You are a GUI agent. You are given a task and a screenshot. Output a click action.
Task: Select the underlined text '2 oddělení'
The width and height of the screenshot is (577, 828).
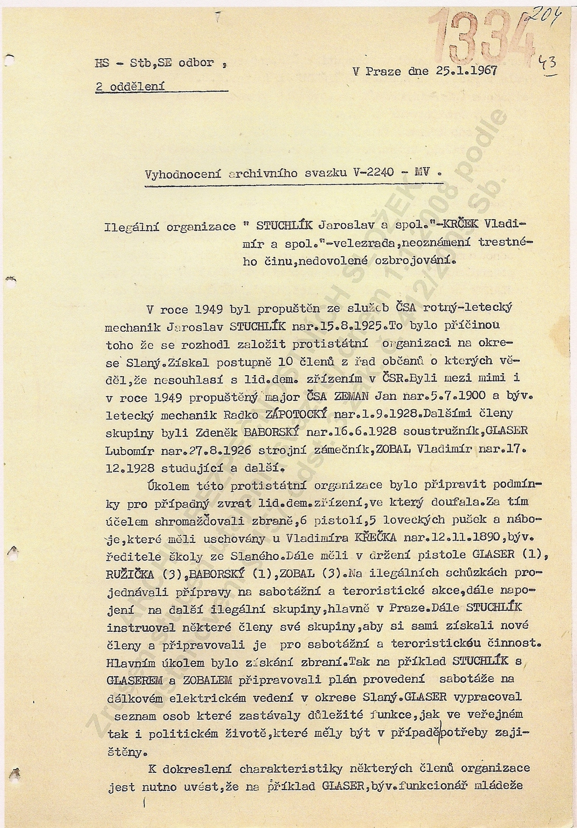[x=130, y=86]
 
